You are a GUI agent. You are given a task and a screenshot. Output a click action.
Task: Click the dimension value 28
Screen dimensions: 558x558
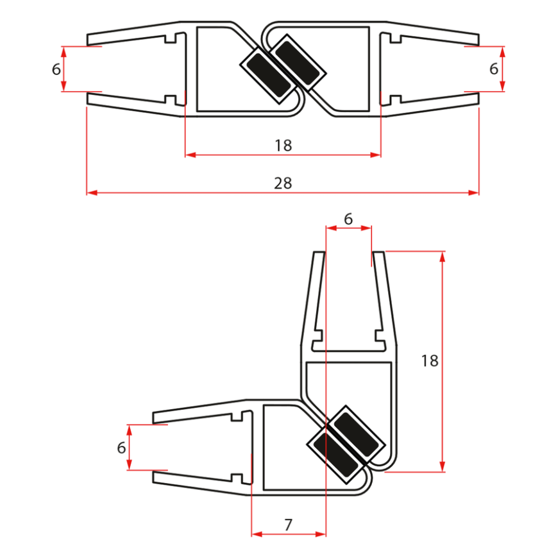(x=283, y=183)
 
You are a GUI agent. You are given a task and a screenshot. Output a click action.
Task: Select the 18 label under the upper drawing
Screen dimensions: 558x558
(x=283, y=146)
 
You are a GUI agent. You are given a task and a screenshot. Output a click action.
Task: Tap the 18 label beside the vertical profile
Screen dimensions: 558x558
(x=430, y=360)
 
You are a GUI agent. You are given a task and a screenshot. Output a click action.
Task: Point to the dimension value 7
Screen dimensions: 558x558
(x=288, y=525)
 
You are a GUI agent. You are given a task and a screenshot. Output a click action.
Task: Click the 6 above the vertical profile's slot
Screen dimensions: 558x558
(x=348, y=219)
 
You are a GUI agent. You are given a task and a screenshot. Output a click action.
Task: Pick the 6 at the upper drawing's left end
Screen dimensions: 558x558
(x=56, y=69)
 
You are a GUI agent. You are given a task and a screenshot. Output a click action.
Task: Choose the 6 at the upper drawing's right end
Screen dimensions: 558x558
(x=493, y=69)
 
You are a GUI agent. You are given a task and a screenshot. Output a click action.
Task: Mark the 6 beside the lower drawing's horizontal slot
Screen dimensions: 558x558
(x=121, y=448)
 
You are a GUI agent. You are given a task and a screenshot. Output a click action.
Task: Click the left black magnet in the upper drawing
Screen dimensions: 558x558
(x=265, y=74)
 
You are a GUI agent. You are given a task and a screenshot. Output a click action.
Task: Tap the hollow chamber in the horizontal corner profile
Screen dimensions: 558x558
(x=285, y=449)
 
